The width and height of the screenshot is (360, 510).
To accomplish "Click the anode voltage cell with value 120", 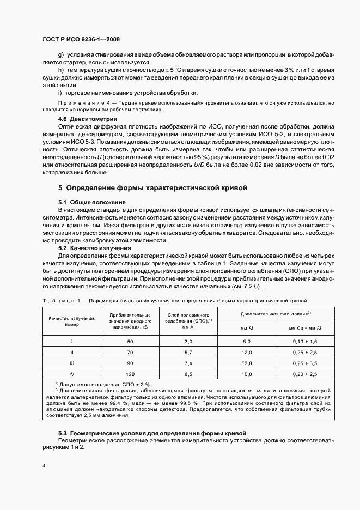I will point(130,374).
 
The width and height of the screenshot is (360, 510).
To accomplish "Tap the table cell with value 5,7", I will point(188,352).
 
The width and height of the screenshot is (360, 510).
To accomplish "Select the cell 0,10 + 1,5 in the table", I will point(306,341).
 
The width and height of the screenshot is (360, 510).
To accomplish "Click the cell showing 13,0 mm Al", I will point(246,363).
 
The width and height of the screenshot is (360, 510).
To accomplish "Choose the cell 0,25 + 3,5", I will point(306,363).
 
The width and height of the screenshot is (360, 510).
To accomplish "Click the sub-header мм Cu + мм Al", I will point(306,328).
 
